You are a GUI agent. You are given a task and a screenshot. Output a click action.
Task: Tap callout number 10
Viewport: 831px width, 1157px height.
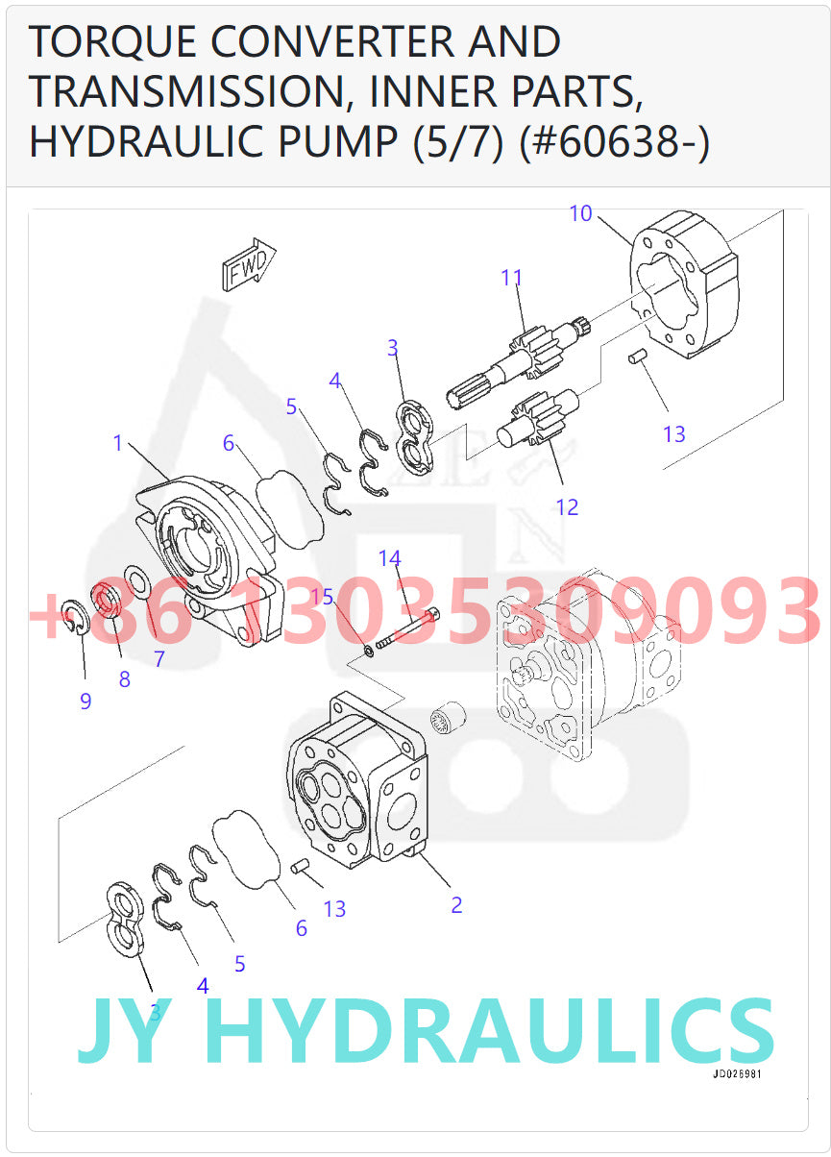tap(580, 213)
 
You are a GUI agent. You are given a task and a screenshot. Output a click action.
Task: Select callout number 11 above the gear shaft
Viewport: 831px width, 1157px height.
tap(511, 279)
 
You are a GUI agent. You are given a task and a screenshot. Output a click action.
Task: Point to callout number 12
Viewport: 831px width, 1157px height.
tap(567, 506)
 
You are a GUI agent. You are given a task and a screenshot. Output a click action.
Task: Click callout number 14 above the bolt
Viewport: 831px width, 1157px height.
tap(389, 558)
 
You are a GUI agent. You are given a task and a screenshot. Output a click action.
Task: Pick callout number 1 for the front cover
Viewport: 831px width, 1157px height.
tap(118, 443)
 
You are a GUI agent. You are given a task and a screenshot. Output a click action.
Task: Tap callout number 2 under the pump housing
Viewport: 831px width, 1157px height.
tap(456, 904)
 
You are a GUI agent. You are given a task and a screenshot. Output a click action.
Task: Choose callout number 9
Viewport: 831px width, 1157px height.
tap(86, 702)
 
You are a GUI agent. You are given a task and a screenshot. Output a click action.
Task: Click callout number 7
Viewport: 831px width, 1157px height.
tap(159, 659)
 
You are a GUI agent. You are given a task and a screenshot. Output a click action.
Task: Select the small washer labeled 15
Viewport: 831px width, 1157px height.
tap(370, 652)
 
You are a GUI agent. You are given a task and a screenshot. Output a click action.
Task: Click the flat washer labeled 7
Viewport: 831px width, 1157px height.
tap(136, 582)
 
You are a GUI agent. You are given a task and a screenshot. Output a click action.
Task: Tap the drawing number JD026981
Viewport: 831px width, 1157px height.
tap(737, 1074)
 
